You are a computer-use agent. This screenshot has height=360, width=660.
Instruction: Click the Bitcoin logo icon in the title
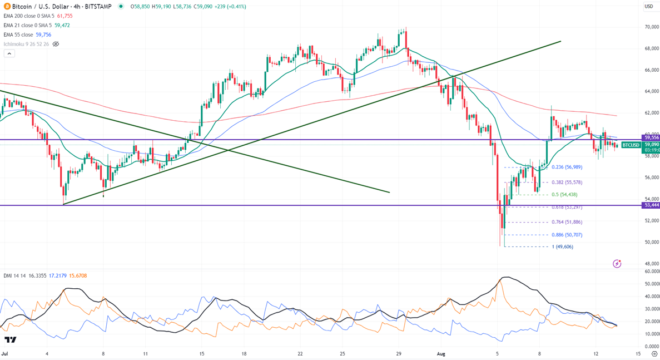[7, 7]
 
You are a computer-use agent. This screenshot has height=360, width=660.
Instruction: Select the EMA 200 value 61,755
[64, 16]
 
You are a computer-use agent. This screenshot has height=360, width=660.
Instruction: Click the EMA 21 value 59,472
[62, 25]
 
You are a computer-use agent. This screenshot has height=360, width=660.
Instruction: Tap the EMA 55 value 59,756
[43, 34]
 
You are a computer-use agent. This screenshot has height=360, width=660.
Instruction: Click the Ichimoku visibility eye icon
[56, 44]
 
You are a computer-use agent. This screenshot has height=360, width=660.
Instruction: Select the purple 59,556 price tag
[651, 137]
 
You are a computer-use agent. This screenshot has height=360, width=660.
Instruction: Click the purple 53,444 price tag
[651, 205]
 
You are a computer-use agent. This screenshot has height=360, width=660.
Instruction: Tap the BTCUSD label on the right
[631, 145]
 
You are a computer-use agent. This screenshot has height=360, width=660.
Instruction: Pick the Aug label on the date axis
[441, 353]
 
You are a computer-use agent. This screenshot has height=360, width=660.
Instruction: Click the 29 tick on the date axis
[399, 353]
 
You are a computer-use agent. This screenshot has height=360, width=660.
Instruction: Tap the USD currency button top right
[648, 7]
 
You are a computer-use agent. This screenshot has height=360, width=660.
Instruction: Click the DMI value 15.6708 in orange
[78, 275]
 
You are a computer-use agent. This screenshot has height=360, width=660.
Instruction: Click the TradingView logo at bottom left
[10, 340]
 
